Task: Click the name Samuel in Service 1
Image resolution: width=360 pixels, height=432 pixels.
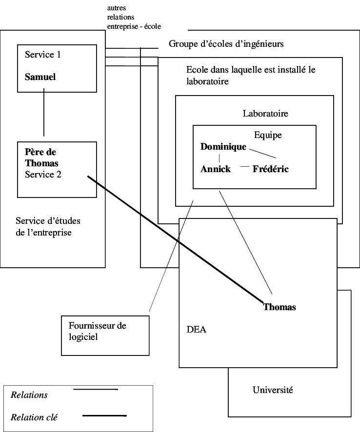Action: (40, 77)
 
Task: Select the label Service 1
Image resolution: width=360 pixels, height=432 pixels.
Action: (42, 55)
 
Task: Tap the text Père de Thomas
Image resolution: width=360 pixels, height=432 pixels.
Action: (41, 157)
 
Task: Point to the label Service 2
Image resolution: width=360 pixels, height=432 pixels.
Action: (43, 174)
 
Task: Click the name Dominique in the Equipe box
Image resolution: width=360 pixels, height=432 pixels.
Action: (223, 147)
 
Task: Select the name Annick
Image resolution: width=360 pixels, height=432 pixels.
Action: (216, 169)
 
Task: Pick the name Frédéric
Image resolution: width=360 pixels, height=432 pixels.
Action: (271, 169)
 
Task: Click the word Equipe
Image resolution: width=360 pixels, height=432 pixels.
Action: (268, 135)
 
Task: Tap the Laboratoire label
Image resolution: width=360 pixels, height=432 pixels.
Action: (265, 114)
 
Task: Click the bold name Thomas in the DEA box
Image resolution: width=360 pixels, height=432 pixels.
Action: (280, 307)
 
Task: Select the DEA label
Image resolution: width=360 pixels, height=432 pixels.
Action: (196, 330)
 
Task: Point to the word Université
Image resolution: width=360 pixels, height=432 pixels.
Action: (273, 390)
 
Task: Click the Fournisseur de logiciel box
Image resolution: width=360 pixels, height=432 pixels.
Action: (105, 335)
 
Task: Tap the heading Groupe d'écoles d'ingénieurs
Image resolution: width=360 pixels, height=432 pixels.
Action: (226, 44)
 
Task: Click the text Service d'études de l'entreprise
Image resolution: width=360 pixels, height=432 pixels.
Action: (48, 227)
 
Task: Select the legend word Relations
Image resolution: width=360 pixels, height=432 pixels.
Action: (29, 395)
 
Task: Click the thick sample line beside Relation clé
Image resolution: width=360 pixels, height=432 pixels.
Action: (104, 416)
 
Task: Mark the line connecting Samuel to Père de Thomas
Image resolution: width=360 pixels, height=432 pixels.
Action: (44, 113)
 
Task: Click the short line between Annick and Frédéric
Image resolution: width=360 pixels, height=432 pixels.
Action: (245, 167)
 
